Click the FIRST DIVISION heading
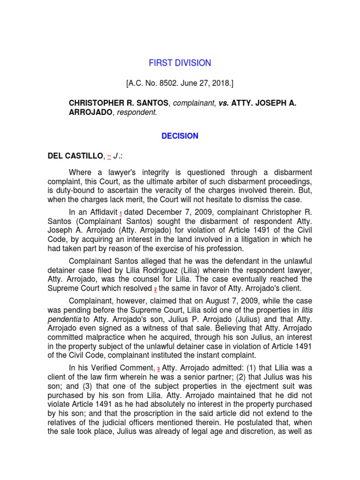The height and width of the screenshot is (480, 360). [180, 63]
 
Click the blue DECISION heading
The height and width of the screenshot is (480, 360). [180, 136]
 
